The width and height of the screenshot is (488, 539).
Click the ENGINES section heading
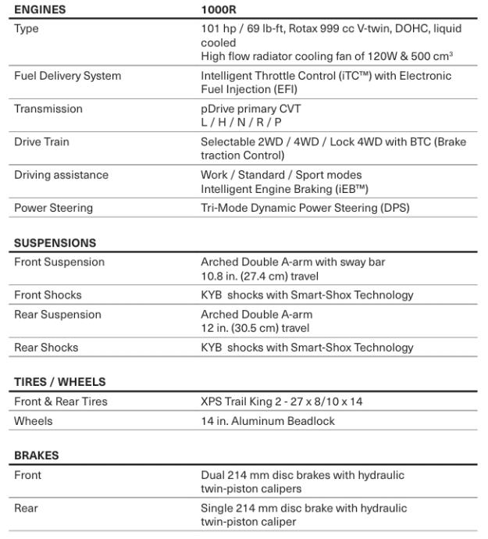[40, 10]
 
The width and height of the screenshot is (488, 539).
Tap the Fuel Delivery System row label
[67, 76]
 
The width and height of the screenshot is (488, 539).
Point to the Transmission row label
[48, 109]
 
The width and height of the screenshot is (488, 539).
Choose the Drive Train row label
[42, 142]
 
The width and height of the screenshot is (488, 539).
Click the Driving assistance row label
[61, 175]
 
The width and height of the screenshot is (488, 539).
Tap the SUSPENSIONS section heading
[55, 243]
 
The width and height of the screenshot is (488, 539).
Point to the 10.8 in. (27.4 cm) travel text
[259, 275]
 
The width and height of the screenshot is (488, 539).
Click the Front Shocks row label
[48, 295]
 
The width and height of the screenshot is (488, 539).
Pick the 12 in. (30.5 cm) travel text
[255, 328]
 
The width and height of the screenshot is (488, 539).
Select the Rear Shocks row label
[46, 348]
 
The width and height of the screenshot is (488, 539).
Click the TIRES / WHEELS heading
[59, 382]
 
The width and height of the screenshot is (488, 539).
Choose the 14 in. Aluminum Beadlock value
[268, 421]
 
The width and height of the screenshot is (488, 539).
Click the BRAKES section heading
[36, 455]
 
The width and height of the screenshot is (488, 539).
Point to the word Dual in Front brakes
[213, 475]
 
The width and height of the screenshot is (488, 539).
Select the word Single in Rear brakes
[217, 509]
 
